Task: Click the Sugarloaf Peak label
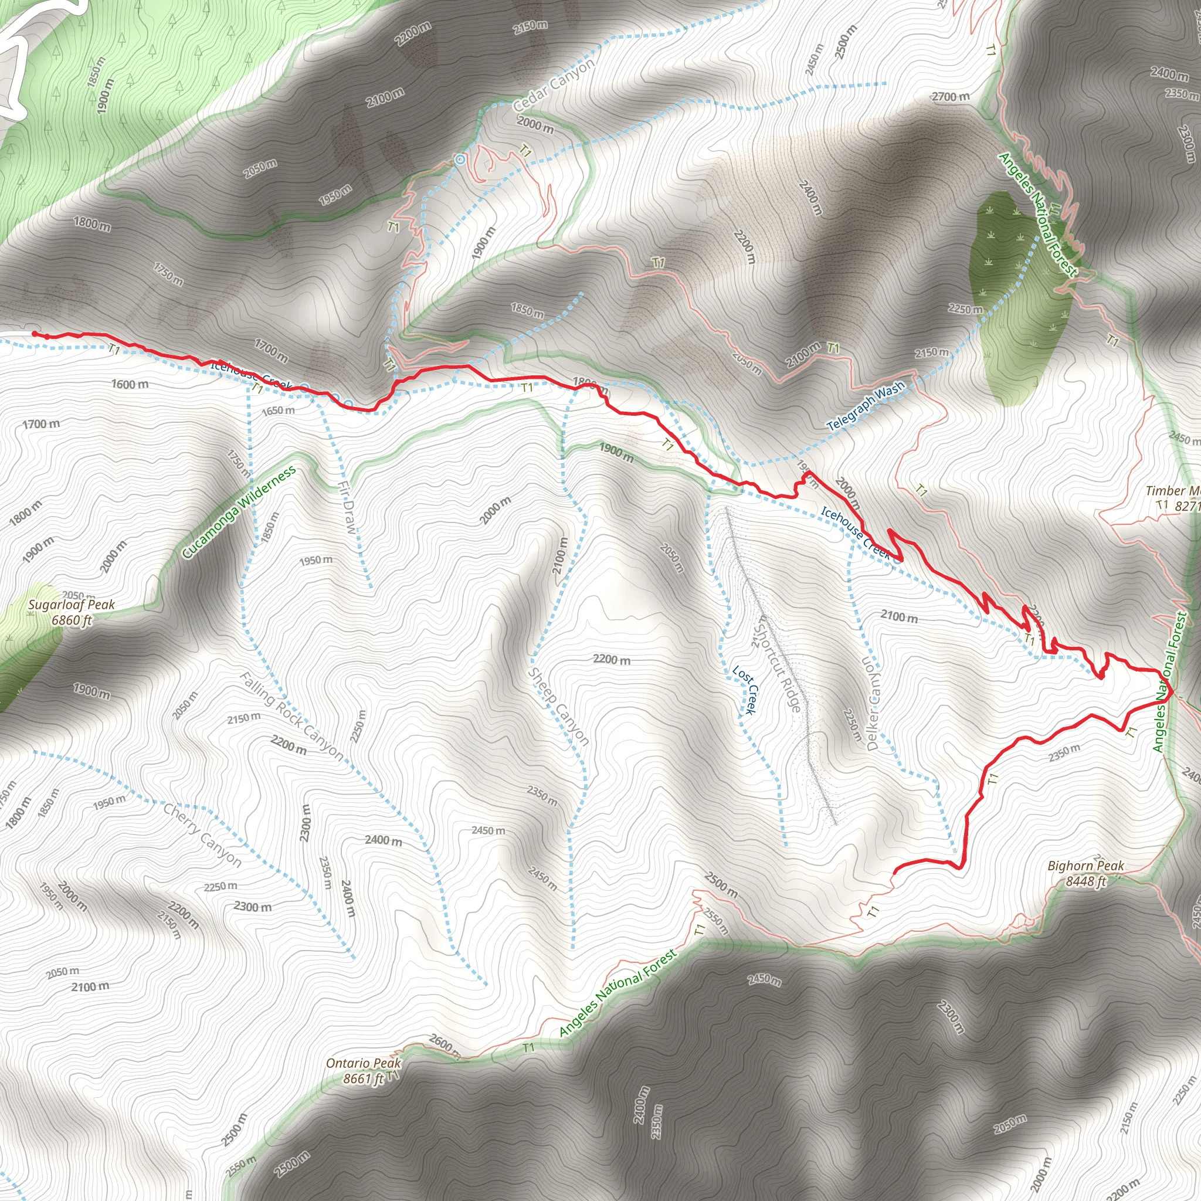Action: coord(72,604)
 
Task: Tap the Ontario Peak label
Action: coord(364,1063)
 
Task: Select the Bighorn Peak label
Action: coord(1085,866)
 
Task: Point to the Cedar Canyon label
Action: coord(554,84)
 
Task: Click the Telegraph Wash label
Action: coord(866,406)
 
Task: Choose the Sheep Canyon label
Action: coord(558,706)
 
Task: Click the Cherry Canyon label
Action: coord(202,834)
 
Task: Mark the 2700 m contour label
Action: coord(951,96)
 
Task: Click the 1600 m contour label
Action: coord(130,384)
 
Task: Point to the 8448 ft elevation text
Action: coord(1085,881)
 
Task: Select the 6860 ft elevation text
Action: coord(72,620)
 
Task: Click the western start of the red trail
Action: coord(34,334)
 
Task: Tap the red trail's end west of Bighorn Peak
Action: coord(894,873)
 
